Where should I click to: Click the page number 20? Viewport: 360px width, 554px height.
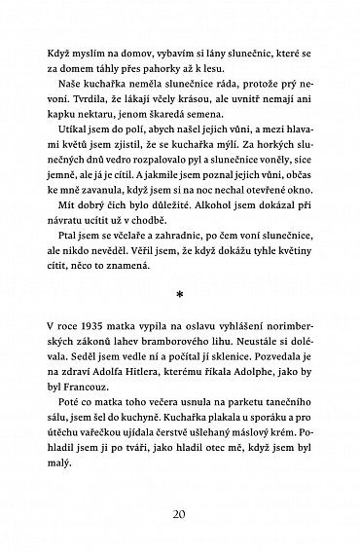(180, 512)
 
